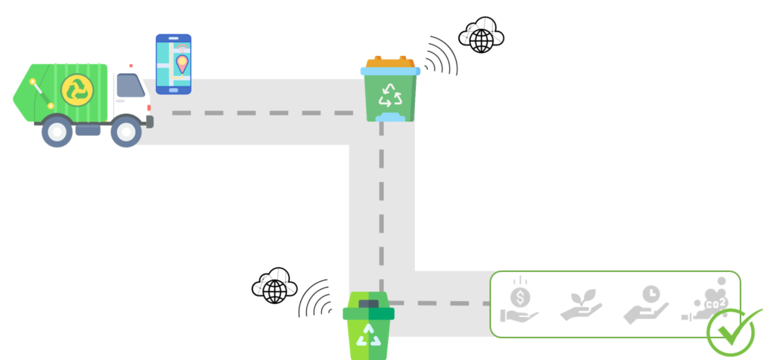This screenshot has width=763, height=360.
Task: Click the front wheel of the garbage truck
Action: coord(127,131)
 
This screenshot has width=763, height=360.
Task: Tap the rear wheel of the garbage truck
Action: coord(57,131)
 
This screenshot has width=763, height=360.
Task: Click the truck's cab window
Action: coord(130,86)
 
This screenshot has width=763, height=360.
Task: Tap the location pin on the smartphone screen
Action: coord(182,63)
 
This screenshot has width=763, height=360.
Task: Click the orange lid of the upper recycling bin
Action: coord(390,62)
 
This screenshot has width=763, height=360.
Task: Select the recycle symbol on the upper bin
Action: coord(390,95)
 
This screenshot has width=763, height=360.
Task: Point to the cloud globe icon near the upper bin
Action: coord(481,35)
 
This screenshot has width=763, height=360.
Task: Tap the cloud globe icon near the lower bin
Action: coord(274,285)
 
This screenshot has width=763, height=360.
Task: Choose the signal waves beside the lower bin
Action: coord(314,299)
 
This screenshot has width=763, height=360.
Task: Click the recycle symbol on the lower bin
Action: coord(368,335)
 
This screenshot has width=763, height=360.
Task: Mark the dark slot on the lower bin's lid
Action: coord(368,303)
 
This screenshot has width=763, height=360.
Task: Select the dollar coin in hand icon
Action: coord(519,300)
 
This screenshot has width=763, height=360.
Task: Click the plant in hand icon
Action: coord(581,305)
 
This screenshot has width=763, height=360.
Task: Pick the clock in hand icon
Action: coord(646,305)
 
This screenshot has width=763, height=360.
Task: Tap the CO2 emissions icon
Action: coord(706,300)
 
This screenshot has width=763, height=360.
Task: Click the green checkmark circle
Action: coord(731,332)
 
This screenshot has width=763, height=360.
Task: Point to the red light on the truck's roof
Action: coord(131,65)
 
